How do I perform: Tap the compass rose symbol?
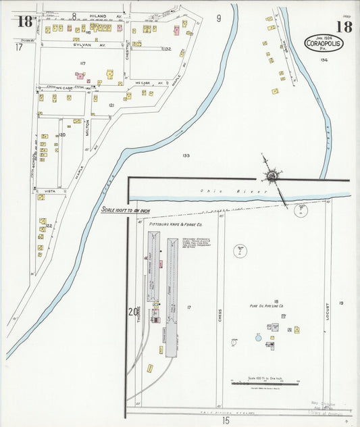(272, 176)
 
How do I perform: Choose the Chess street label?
(220, 316)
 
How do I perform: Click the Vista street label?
(50, 191)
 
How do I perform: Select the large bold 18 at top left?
(25, 21)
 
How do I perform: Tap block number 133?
(185, 155)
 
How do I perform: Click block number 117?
(82, 63)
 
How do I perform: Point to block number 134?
(324, 60)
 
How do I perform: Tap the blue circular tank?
(257, 336)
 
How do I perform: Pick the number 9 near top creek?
(219, 18)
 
